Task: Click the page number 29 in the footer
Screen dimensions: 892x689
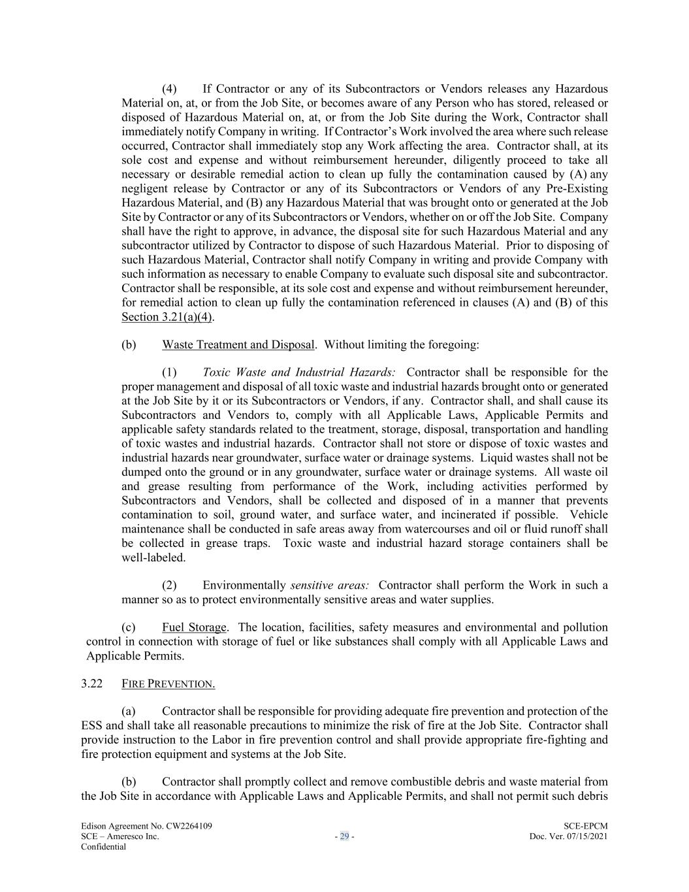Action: tap(344, 836)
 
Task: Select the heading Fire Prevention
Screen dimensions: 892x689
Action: tap(168, 684)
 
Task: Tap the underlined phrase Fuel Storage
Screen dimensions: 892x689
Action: tap(194, 627)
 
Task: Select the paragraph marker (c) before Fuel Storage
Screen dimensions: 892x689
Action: tap(129, 627)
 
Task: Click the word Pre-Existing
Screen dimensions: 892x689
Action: tap(575, 189)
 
